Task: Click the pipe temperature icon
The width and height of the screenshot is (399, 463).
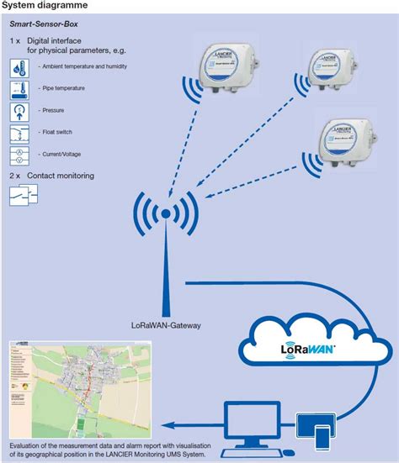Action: pos(19,88)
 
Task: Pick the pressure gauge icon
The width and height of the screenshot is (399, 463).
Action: pos(19,111)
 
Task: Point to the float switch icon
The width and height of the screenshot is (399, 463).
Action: pos(19,134)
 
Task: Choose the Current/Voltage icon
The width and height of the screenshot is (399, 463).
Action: pos(19,155)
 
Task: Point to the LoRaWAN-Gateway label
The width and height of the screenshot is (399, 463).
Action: pos(167,323)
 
